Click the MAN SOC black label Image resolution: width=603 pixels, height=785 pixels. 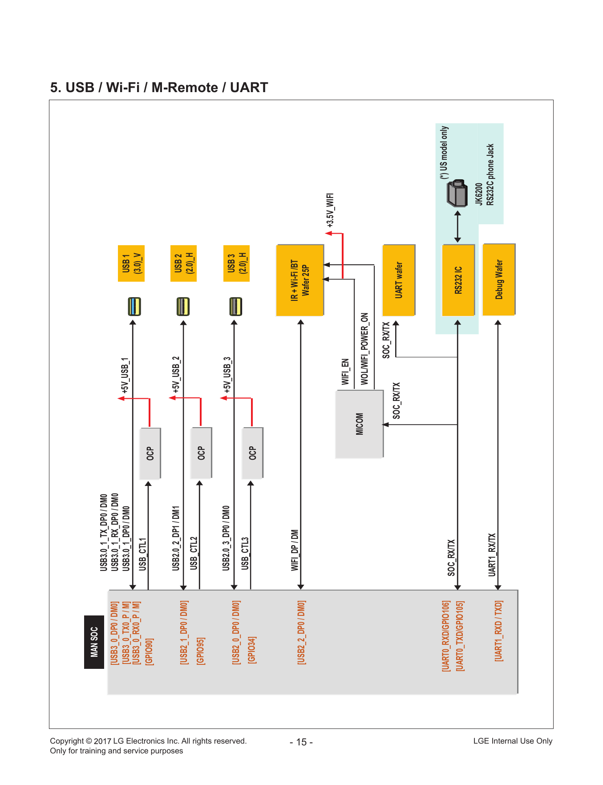(x=94, y=642)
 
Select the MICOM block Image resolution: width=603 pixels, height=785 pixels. (x=359, y=424)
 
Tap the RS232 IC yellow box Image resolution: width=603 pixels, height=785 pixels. (x=458, y=280)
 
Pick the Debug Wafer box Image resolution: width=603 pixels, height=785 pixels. (x=499, y=279)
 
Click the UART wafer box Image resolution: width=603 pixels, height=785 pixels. (x=399, y=280)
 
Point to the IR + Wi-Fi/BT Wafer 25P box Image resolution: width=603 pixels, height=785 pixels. (x=300, y=280)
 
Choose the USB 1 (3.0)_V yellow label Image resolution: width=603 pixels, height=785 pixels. (x=131, y=263)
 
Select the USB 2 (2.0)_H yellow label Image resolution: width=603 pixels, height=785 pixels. (x=184, y=263)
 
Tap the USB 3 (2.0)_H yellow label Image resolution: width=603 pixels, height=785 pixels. (x=236, y=263)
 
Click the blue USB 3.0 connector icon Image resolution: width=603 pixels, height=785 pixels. (x=134, y=307)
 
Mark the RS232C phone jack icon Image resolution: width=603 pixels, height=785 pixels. (x=457, y=193)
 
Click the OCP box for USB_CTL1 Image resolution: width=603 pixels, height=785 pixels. (x=150, y=453)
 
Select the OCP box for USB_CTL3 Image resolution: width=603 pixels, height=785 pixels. (x=252, y=453)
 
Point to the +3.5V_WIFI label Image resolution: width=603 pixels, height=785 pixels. (x=330, y=210)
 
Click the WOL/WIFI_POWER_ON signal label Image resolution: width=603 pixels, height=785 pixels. (x=364, y=349)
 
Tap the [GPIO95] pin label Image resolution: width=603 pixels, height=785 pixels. (x=201, y=651)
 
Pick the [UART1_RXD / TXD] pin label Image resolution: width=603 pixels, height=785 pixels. (x=499, y=631)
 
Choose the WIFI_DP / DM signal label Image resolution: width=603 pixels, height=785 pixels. (x=295, y=550)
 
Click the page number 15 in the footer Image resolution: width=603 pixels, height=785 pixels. (x=301, y=742)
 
